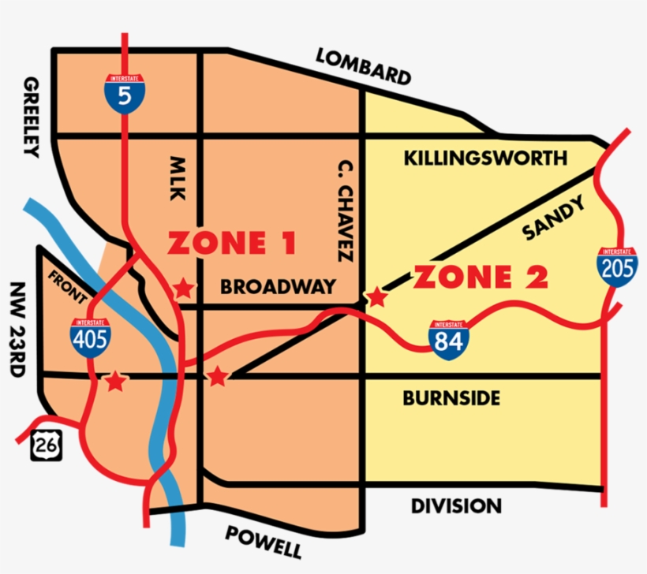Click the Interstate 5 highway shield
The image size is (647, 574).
point(121,93)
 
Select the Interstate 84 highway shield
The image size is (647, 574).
point(448,341)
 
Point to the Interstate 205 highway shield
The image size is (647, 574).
point(616,266)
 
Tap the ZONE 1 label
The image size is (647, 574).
point(232,244)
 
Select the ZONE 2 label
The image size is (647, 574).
point(481,278)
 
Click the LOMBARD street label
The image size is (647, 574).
point(363,66)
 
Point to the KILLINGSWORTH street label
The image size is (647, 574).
point(485,158)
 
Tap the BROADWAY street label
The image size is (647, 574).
point(278,286)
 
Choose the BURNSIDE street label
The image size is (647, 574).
point(451,398)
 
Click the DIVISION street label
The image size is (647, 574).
point(455,506)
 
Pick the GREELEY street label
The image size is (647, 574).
point(31,117)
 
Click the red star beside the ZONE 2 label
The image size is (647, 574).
point(377,298)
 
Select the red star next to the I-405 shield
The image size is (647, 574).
point(115,382)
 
